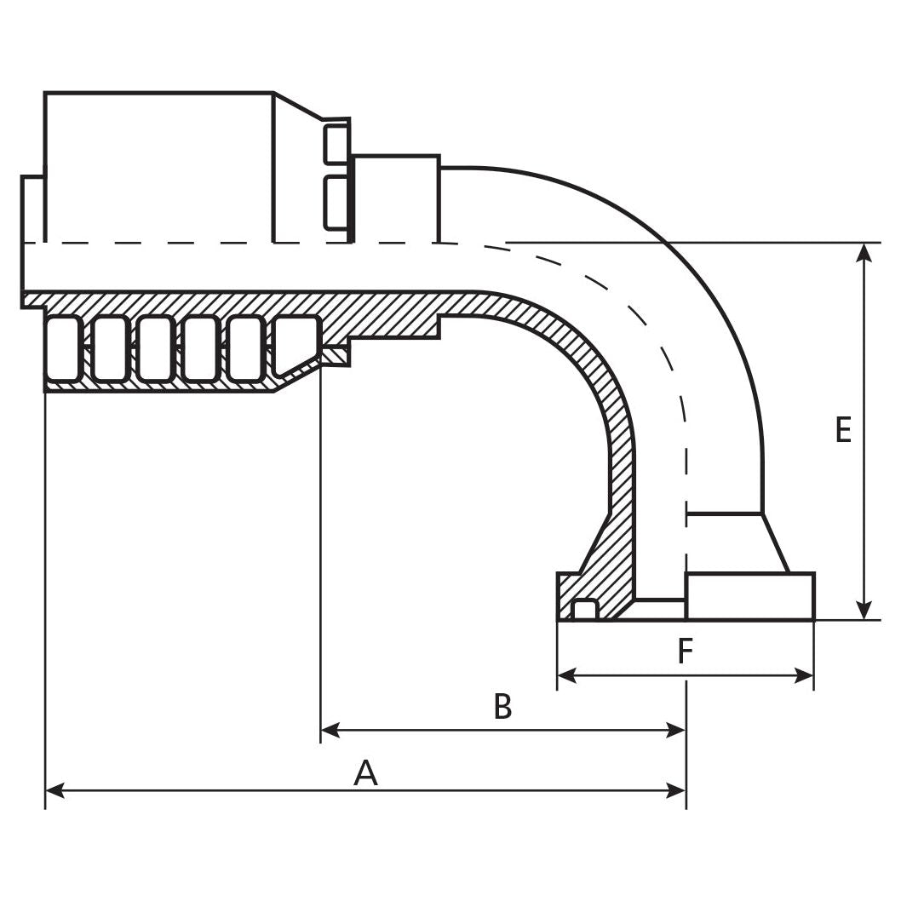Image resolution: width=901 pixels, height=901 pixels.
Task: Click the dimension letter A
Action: pyautogui.click(x=365, y=773)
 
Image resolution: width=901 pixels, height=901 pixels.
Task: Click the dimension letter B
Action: pyautogui.click(x=503, y=707)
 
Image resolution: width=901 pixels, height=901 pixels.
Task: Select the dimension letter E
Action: pyautogui.click(x=843, y=431)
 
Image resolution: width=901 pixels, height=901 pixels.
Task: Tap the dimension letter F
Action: pyautogui.click(x=686, y=652)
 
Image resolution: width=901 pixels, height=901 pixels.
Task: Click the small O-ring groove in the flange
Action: pyautogui.click(x=584, y=610)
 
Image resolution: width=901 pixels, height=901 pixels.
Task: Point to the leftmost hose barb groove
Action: pyautogui.click(x=64, y=348)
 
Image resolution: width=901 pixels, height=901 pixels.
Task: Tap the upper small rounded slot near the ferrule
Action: pyautogui.click(x=336, y=144)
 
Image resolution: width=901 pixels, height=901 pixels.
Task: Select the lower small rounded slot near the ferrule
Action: pyautogui.click(x=336, y=203)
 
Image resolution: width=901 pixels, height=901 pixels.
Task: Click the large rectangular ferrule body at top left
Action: pyautogui.click(x=158, y=166)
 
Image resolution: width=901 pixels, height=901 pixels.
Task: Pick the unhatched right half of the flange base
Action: pyautogui.click(x=749, y=596)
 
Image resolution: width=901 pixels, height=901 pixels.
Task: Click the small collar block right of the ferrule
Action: pyautogui.click(x=396, y=198)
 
